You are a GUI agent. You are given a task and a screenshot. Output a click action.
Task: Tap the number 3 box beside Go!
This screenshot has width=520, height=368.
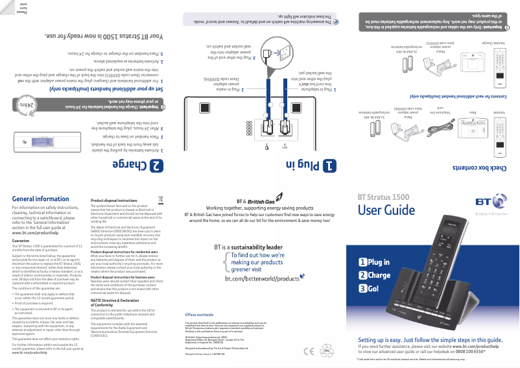pos(364,289)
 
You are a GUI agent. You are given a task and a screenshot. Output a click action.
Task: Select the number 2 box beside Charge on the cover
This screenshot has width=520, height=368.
pos(364,275)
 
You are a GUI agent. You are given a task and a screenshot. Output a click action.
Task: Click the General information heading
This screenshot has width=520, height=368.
pos(40,199)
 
